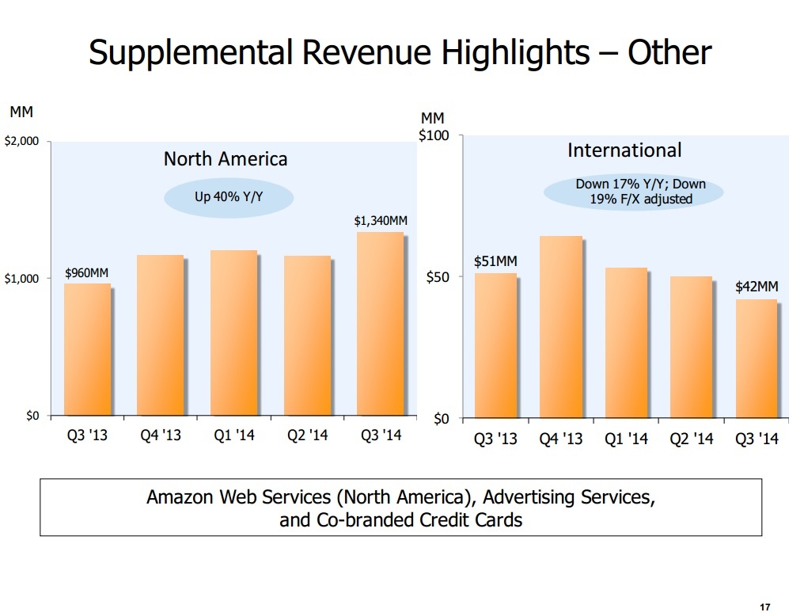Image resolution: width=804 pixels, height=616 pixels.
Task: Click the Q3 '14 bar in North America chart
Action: coord(381,324)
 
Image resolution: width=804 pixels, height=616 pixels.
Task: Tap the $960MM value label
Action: coord(86,274)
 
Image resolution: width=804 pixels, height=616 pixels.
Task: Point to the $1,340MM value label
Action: coord(381,220)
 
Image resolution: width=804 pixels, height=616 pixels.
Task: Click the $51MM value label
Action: coord(495,261)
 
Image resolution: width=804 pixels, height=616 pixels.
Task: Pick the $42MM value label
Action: coord(757,287)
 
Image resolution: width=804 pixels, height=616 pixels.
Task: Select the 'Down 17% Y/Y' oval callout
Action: coord(634,192)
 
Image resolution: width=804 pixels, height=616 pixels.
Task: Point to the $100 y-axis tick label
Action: coord(434,135)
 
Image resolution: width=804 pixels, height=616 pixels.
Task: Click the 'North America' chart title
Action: coord(226,159)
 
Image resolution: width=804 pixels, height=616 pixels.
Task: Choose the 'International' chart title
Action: coord(624,150)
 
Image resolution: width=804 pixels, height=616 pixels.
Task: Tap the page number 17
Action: coord(764,607)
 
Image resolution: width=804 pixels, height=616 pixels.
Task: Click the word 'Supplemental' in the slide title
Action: coord(188,53)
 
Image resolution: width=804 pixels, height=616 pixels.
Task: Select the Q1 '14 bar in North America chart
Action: coord(234,333)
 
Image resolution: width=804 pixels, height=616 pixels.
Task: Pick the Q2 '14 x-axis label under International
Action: coord(692,439)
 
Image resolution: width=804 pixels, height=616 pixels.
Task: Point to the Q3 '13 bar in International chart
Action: coord(496,345)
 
